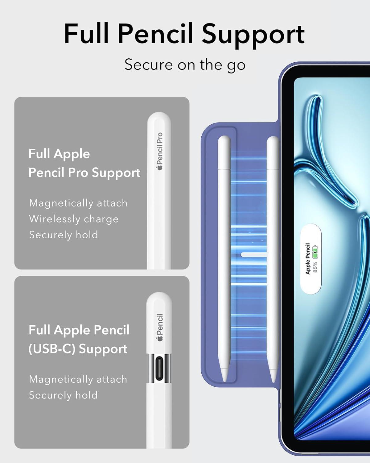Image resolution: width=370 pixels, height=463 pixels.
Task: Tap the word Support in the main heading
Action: click(x=253, y=36)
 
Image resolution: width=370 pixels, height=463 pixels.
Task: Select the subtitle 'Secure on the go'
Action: click(x=185, y=65)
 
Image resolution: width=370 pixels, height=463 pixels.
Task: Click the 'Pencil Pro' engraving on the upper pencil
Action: click(x=159, y=148)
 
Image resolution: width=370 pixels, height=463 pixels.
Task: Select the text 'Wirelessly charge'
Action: click(x=74, y=219)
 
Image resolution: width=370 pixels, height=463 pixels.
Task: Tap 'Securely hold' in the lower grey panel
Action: click(x=63, y=395)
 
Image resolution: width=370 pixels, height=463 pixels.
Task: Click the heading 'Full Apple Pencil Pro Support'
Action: click(x=84, y=164)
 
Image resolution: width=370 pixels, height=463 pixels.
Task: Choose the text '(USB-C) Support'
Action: click(x=78, y=349)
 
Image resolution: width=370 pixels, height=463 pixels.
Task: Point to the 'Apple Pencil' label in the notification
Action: click(x=308, y=259)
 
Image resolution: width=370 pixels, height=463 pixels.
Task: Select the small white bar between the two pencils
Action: click(x=254, y=255)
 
